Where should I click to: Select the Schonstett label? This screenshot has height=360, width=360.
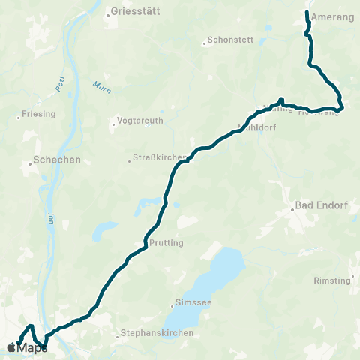229,42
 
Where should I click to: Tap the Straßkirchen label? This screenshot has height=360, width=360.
155,157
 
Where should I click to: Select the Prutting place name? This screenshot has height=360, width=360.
167,243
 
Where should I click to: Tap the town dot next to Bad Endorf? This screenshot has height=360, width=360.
293,211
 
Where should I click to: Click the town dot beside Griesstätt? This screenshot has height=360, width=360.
108,12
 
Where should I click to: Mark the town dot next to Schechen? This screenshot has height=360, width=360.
31,160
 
